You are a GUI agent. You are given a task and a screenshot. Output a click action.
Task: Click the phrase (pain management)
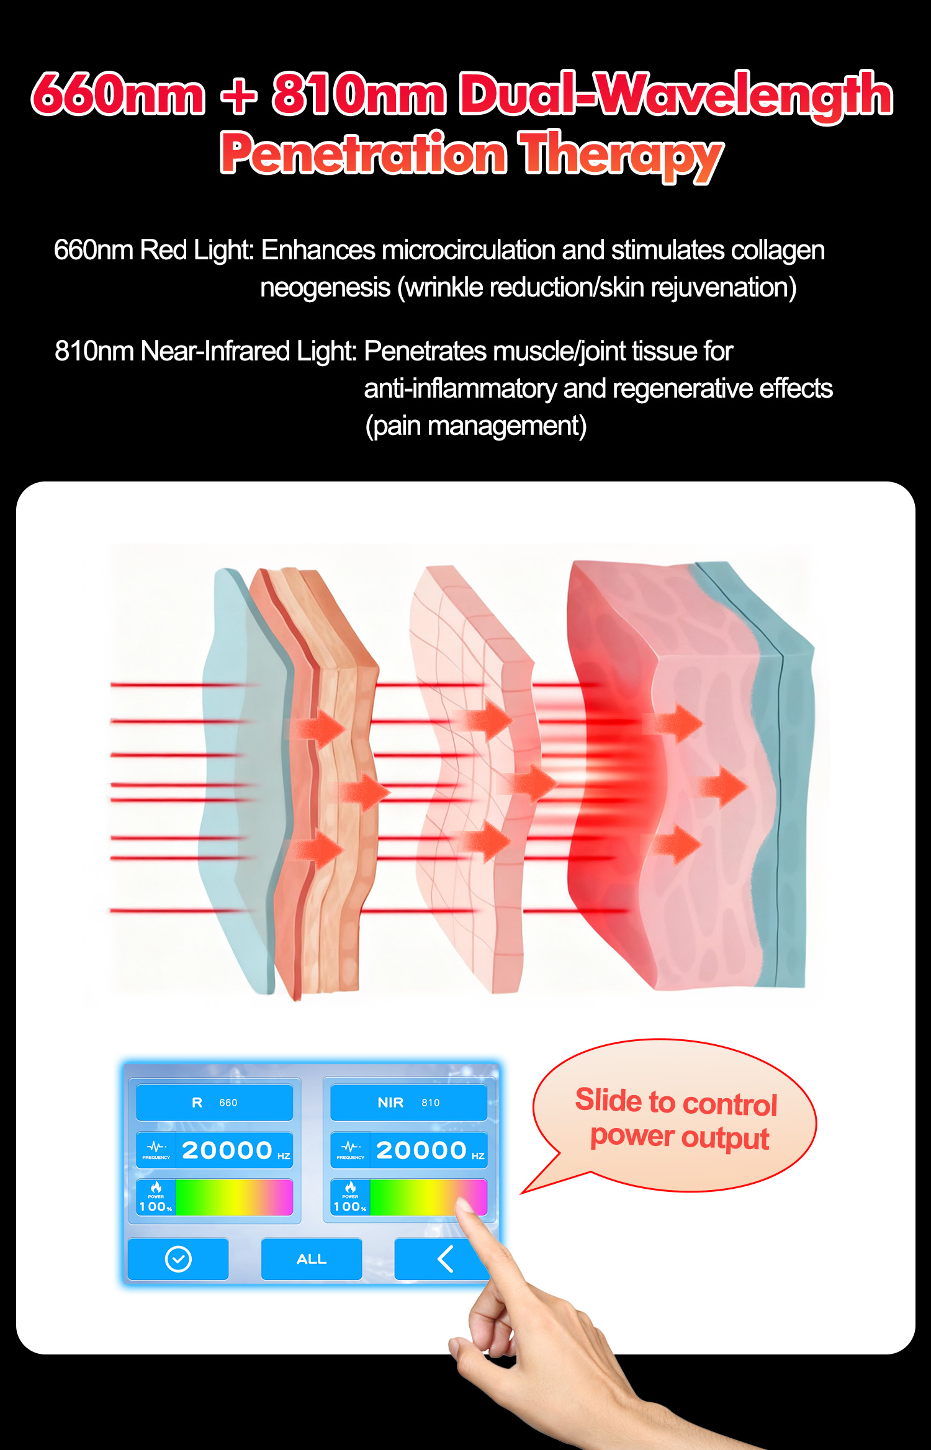tap(475, 426)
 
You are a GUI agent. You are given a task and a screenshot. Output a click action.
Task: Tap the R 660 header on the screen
tap(214, 1103)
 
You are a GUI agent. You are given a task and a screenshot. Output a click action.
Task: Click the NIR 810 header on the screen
tap(408, 1103)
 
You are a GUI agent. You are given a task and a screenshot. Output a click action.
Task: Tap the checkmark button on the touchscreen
tap(178, 1259)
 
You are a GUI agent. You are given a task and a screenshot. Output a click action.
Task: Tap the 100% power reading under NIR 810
tap(349, 1206)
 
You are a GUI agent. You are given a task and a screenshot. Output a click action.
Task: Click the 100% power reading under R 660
tap(155, 1206)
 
